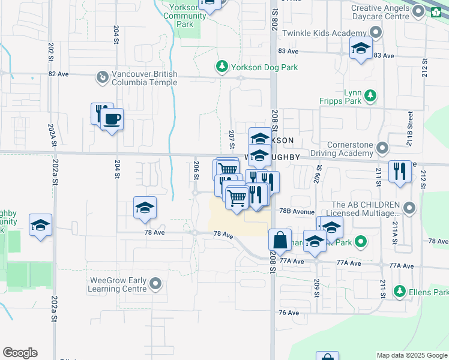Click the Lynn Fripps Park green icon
pyautogui.click(x=371, y=95)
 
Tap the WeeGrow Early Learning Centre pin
pyautogui.click(x=156, y=283)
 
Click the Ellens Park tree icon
pyautogui.click(x=400, y=292)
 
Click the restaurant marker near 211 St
pyautogui.click(x=400, y=172)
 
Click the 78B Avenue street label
pyautogui.click(x=297, y=212)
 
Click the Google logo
pyautogui.click(x=20, y=353)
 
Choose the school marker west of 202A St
pyautogui.click(x=40, y=225)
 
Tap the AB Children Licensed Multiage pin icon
pyautogui.click(x=410, y=209)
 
